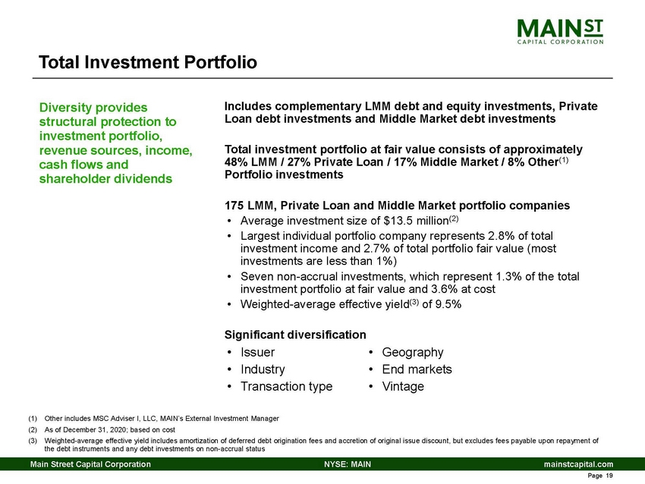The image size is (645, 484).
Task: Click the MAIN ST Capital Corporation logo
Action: [x=560, y=31]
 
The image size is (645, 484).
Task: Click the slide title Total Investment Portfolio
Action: [x=148, y=61]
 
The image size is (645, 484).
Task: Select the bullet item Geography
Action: [x=412, y=352]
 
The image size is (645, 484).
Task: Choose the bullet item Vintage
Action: [x=403, y=386]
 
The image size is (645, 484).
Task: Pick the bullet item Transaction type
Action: [x=285, y=386]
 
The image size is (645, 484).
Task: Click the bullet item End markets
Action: [x=417, y=369]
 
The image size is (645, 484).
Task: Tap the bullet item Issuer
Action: [x=257, y=352]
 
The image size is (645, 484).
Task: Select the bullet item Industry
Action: [x=262, y=369]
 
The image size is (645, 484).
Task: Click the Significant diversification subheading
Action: [x=295, y=334]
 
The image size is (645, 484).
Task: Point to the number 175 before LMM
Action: [x=235, y=206]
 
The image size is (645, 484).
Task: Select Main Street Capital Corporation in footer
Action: [x=90, y=464]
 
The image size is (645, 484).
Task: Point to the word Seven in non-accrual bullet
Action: [x=256, y=277]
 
